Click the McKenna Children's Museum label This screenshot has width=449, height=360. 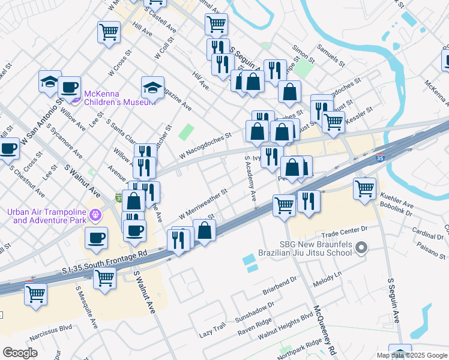(x=110, y=98)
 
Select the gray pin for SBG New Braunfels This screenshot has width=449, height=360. (x=361, y=247)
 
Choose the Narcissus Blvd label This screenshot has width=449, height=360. (x=50, y=338)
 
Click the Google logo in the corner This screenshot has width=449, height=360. (x=20, y=353)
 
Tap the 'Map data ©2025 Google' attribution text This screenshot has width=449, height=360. (x=412, y=355)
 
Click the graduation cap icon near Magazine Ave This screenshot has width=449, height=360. (x=152, y=88)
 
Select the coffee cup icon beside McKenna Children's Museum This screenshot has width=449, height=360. (x=69, y=87)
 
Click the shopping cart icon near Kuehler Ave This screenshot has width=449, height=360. (x=365, y=188)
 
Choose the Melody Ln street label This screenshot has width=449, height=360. (x=330, y=274)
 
